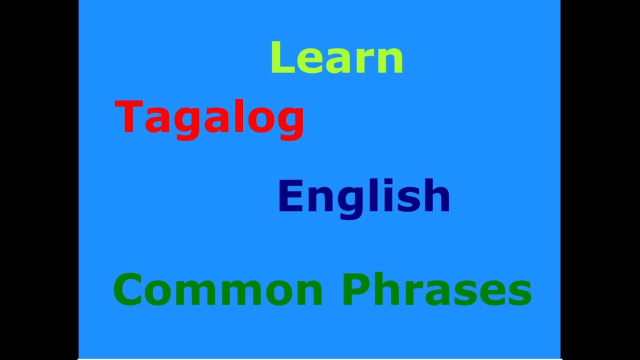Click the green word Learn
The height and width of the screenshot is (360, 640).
pos(336,57)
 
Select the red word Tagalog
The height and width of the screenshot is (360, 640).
pos(209,117)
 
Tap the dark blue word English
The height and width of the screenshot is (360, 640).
pos(364,197)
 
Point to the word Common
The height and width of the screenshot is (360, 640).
pos(217,290)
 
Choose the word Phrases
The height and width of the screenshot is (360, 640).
pos(436,290)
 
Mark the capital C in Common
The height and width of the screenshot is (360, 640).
pos(128,290)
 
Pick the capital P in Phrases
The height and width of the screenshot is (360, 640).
pos(355,290)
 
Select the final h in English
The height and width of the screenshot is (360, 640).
pos(437,196)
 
